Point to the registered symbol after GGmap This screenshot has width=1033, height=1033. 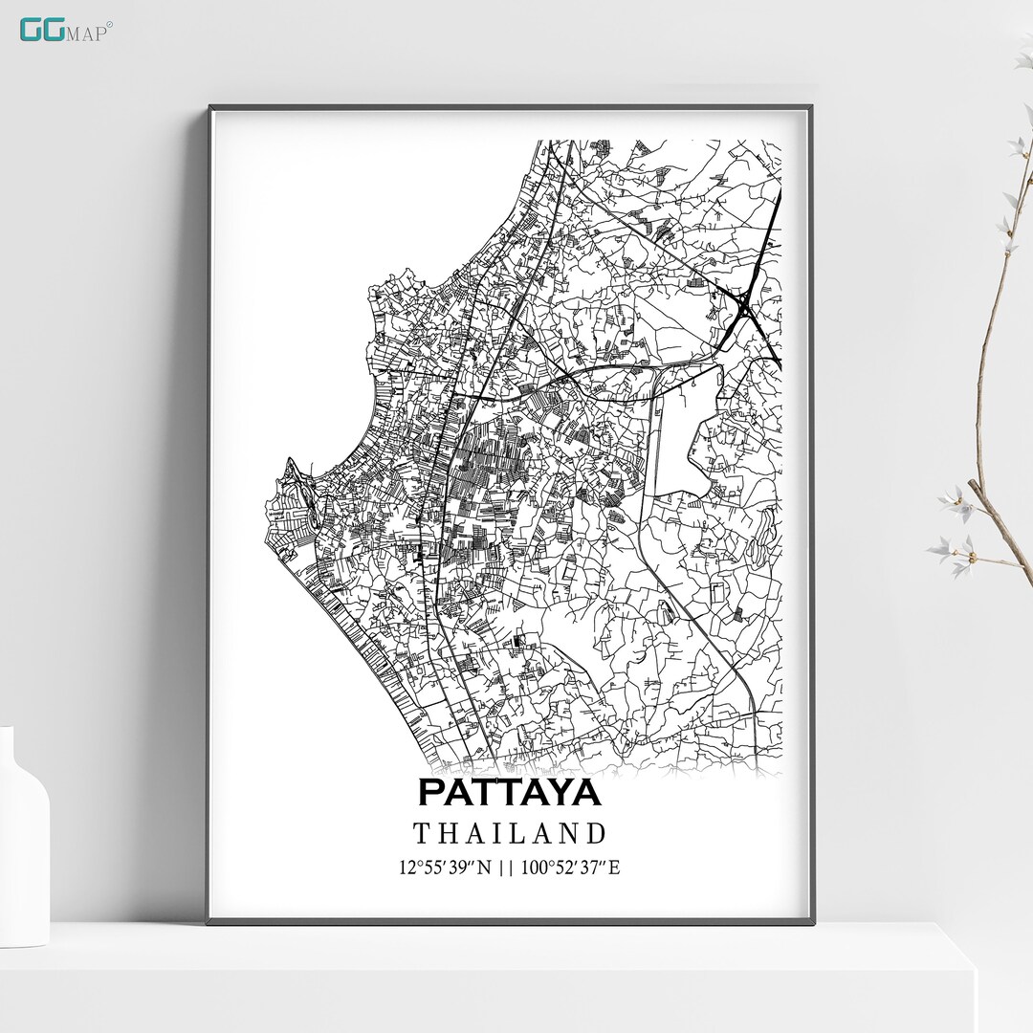[109, 24]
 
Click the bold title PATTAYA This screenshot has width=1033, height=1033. [509, 792]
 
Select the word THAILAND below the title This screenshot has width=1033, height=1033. [510, 833]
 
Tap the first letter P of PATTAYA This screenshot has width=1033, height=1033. [431, 792]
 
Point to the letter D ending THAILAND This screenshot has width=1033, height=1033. [597, 833]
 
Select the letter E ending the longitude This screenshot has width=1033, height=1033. [615, 868]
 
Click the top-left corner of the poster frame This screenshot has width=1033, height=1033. [210, 107]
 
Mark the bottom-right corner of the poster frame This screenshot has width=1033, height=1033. [813, 923]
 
